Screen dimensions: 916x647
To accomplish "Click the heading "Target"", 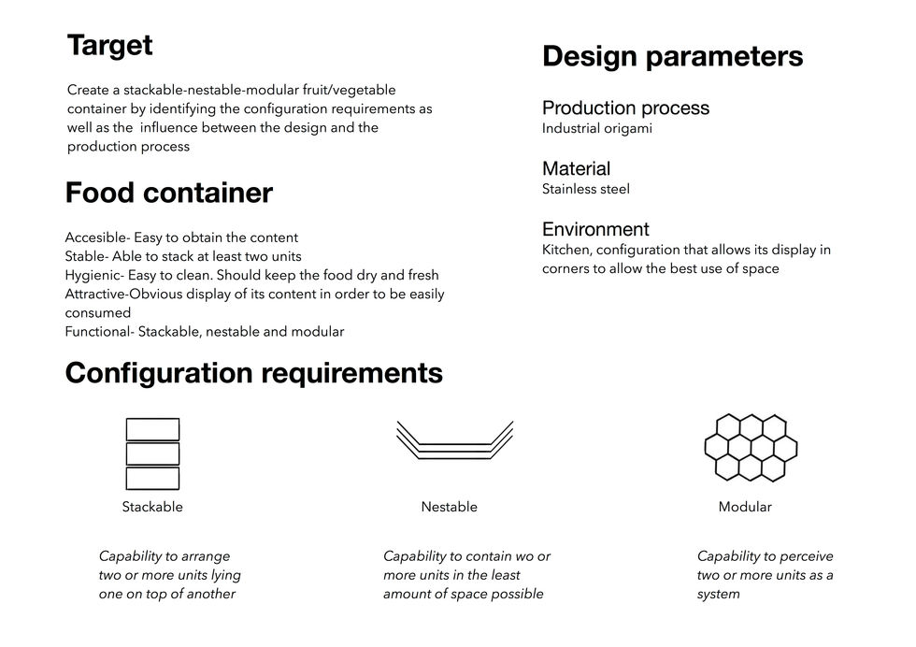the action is coord(109,45).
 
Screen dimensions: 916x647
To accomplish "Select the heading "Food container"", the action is coord(169,194).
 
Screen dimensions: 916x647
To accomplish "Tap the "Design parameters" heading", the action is coord(672,56).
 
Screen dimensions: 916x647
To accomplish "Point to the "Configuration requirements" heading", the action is coord(253,373).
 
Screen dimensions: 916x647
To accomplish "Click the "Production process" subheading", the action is coord(625,108).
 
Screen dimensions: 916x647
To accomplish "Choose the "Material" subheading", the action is coord(576,168).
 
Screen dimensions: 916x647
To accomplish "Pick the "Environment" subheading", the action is coord(595,229).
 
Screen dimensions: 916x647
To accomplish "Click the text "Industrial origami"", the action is coord(597,129).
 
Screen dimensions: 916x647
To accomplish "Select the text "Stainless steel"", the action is coord(586,189).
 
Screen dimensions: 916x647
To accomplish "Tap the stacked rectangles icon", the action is coord(152,453).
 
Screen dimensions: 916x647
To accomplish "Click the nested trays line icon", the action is coord(455,441).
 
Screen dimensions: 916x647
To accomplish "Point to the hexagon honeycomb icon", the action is coord(750,447).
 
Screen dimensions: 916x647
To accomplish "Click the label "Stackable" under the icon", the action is coord(152,507).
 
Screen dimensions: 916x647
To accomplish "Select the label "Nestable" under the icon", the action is coord(449,507).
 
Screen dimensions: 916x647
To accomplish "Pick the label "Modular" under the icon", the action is coord(745,507).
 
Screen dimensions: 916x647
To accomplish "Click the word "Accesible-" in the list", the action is coord(97,237).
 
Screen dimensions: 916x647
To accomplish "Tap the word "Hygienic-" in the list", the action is coord(96,275).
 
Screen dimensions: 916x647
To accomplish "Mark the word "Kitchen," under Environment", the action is coord(566,250).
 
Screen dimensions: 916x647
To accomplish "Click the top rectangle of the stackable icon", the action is coord(152,430).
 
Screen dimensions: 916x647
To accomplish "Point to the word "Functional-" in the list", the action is coord(100,332).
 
